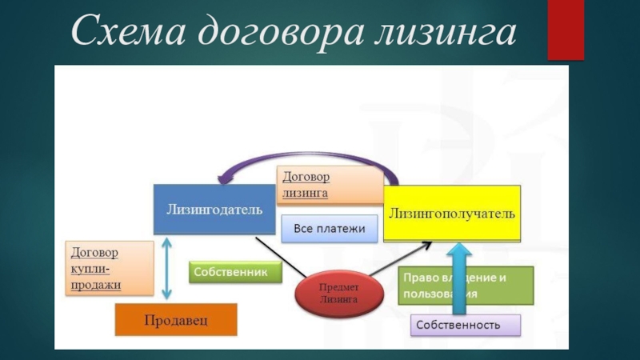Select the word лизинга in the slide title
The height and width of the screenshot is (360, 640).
pyautogui.click(x=444, y=34)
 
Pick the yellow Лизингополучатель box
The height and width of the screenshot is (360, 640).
pyautogui.click(x=452, y=214)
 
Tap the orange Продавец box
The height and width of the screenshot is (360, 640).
pyautogui.click(x=176, y=320)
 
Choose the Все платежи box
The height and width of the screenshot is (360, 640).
pyautogui.click(x=329, y=229)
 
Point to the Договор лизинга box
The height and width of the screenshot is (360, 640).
pyautogui.click(x=328, y=185)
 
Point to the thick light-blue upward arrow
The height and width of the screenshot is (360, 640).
pyautogui.click(x=458, y=276)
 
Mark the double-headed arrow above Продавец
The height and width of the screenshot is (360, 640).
pyautogui.click(x=166, y=267)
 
